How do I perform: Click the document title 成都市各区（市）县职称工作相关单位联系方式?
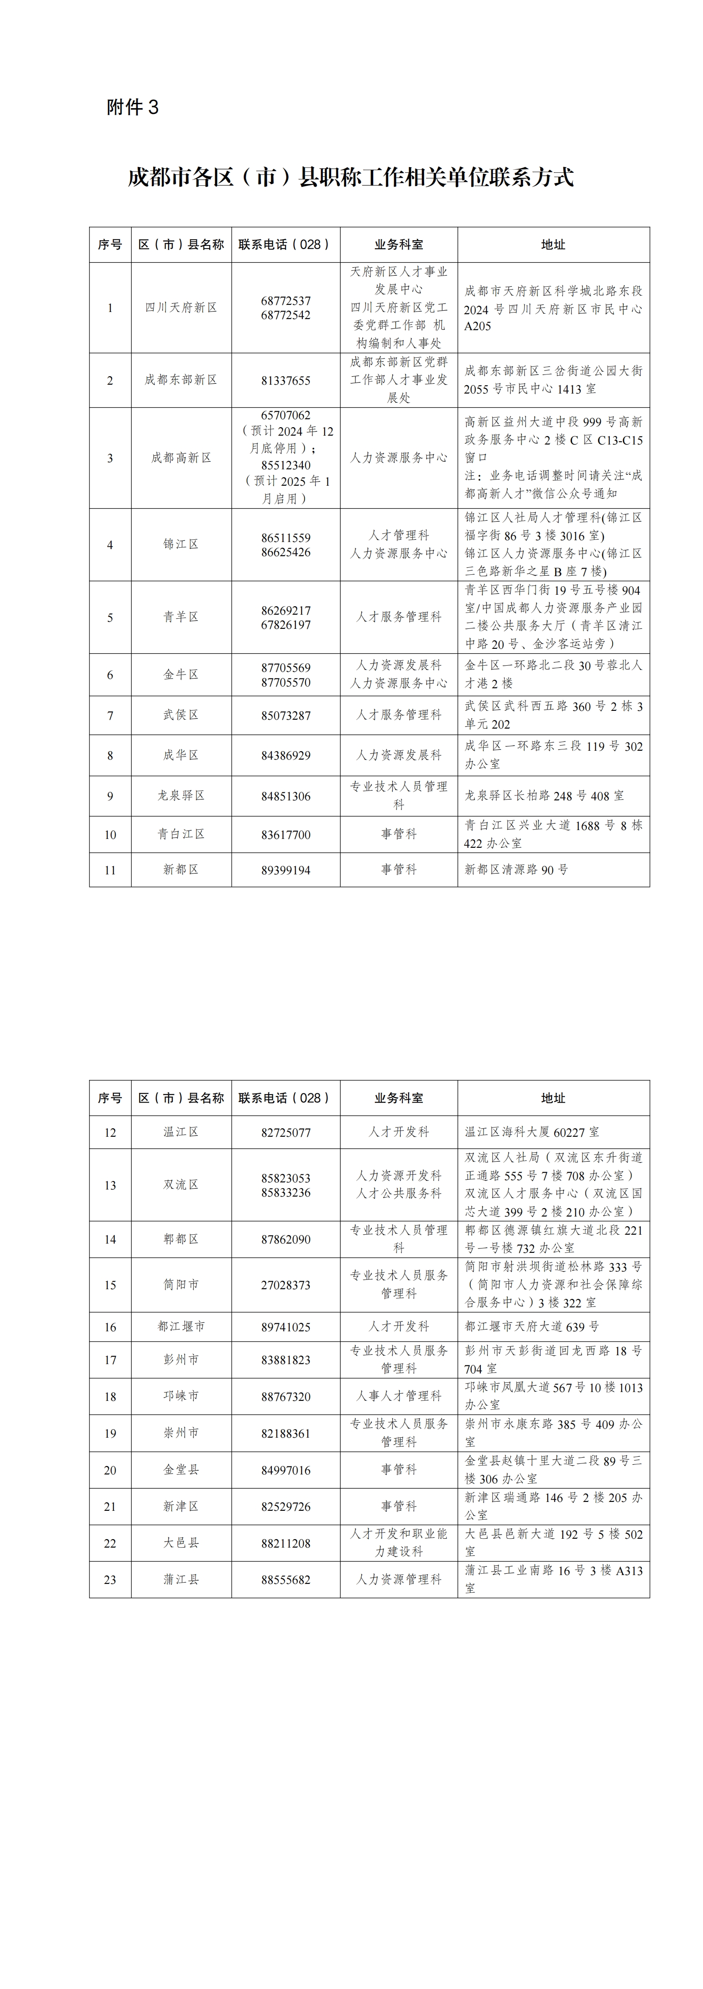pos(351,177)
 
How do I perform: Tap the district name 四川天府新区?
pos(182,307)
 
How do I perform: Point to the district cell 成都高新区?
pos(182,458)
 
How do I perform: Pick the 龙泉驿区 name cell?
pos(182,796)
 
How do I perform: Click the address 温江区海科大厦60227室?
pos(532,1132)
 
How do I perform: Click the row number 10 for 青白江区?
pos(110,835)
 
